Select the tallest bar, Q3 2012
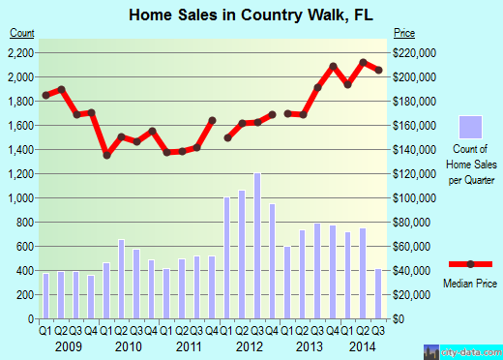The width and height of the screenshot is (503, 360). click(x=257, y=246)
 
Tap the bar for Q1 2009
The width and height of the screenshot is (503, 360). click(x=45, y=296)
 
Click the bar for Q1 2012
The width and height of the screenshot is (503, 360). click(x=227, y=257)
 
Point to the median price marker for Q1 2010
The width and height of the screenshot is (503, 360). click(x=106, y=155)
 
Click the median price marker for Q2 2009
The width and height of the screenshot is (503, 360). click(x=61, y=89)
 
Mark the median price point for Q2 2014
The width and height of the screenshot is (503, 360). click(x=363, y=62)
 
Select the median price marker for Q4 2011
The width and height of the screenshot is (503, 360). click(x=212, y=120)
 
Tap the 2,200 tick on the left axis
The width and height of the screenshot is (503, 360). click(x=21, y=52)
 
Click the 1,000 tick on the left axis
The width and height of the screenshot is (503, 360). click(x=21, y=197)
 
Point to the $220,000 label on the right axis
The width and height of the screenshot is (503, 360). click(x=414, y=52)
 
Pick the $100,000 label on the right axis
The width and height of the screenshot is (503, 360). click(x=414, y=197)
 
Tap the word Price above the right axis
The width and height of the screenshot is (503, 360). click(x=403, y=34)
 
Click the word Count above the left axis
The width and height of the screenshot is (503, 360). click(x=21, y=34)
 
